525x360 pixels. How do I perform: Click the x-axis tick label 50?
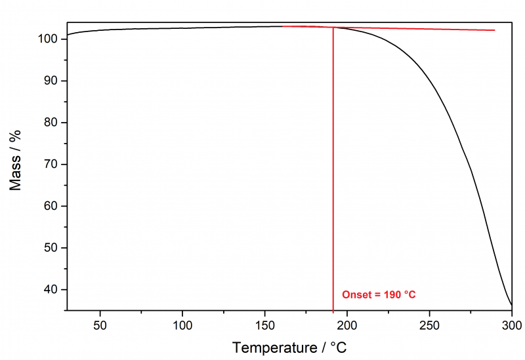click(100, 325)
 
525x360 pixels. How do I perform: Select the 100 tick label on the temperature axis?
click(182, 325)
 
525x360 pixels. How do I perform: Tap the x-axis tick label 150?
click(265, 325)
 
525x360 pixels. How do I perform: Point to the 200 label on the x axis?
click(347, 325)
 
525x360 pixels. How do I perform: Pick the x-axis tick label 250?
click(429, 325)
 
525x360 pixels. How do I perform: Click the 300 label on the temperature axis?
click(511, 325)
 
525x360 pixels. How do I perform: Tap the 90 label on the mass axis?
click(53, 81)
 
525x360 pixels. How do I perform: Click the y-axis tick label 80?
click(53, 123)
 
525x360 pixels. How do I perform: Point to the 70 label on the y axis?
click(53, 164)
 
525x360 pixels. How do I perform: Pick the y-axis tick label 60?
click(53, 206)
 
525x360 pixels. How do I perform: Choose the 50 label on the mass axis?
click(53, 248)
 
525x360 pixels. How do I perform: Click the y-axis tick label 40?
click(53, 289)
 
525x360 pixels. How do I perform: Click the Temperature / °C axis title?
click(289, 347)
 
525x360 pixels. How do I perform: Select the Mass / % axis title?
click(16, 160)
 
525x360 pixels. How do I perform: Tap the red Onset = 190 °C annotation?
click(379, 295)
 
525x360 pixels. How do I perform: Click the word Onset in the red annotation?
click(356, 295)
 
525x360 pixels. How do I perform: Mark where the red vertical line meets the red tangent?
click(333, 28)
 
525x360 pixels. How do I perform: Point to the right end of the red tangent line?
click(494, 30)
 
